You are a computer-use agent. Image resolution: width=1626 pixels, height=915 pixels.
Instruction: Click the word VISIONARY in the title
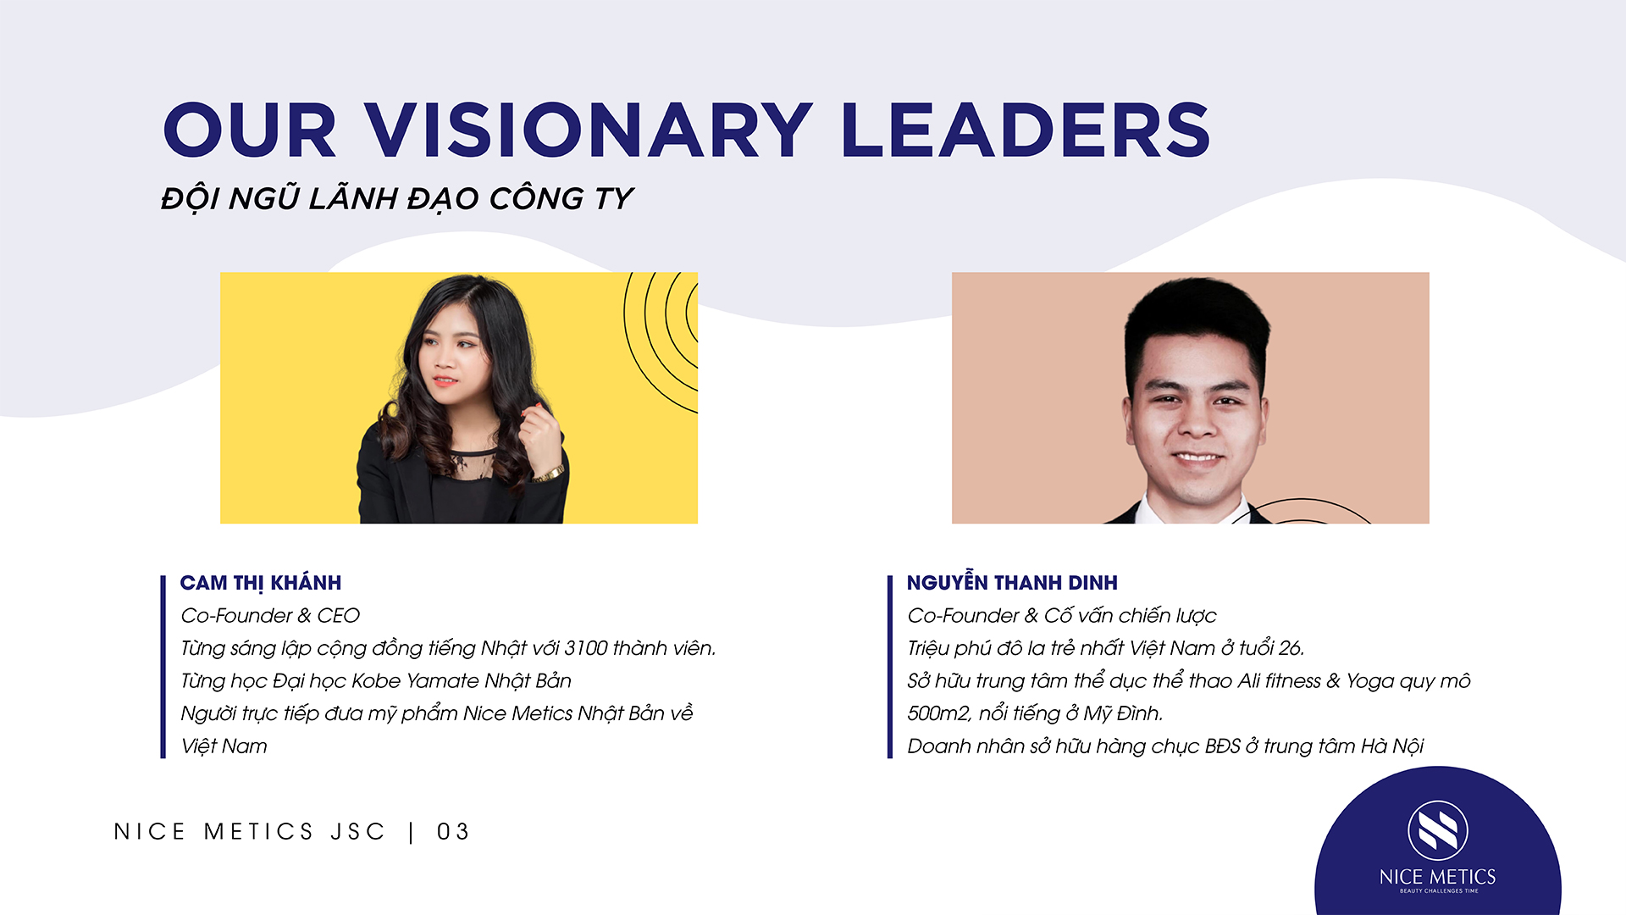589,130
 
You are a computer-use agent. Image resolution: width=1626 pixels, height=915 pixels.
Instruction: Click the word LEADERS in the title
1026,130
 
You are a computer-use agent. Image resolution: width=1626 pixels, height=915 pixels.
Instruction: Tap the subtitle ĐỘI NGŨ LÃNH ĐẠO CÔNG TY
396,198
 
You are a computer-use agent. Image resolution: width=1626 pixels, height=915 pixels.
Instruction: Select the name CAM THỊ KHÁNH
261,583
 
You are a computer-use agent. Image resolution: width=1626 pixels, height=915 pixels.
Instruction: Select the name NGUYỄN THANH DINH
1012,582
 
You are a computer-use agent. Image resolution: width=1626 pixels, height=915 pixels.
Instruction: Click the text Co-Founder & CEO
270,615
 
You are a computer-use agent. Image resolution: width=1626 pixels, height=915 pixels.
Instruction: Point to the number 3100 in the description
586,648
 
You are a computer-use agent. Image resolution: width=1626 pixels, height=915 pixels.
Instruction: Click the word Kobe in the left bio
376,681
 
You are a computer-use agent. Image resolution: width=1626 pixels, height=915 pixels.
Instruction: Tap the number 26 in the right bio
1290,648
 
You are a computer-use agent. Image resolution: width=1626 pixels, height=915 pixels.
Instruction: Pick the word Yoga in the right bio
1369,682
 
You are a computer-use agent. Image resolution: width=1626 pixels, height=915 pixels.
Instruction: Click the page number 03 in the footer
453,832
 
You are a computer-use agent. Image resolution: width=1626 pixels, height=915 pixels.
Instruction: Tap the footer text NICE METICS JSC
250,832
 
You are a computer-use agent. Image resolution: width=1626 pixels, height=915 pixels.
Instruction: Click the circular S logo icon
1438,829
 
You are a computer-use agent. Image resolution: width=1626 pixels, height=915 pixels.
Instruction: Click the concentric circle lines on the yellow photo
661,339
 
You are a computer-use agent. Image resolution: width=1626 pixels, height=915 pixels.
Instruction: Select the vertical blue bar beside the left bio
163,667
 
